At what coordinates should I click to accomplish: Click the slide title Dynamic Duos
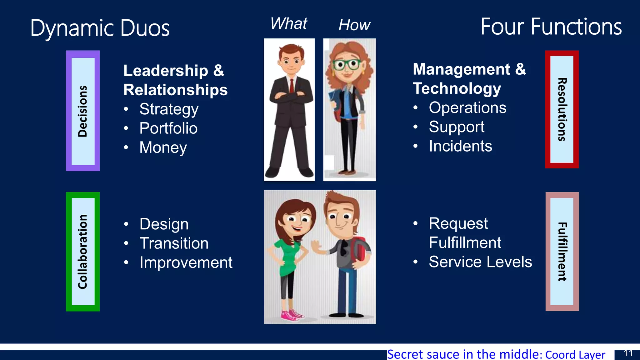point(100,28)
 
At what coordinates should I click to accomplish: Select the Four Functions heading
point(551,27)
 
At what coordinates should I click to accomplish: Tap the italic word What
point(289,23)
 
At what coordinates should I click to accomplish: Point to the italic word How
point(354,25)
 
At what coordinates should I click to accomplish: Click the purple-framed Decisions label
point(83,111)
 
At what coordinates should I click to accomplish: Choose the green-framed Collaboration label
point(83,252)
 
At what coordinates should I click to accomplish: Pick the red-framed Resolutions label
point(562,109)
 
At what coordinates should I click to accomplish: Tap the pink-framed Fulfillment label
point(562,252)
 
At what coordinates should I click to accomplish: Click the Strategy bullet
point(169,109)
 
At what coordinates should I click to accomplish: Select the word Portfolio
point(168,128)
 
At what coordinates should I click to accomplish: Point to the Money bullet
point(163,147)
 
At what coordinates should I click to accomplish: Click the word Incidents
point(460,146)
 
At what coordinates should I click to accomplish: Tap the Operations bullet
point(467,108)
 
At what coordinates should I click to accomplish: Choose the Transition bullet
point(174,243)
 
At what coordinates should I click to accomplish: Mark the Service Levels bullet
point(480,262)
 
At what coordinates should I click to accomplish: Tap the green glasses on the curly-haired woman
point(346,65)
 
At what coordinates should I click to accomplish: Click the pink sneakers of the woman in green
point(292,315)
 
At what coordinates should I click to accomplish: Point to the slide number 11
point(628,353)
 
